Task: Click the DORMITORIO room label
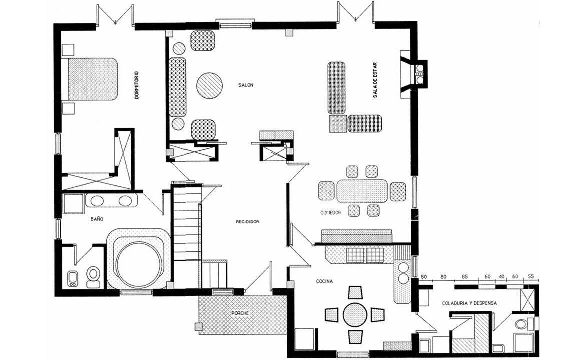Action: (x=137, y=85)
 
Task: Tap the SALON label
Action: (x=246, y=85)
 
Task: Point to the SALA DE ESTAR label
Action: (x=375, y=80)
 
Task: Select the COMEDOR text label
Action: (x=331, y=213)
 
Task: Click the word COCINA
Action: (x=324, y=281)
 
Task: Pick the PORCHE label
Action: (x=240, y=313)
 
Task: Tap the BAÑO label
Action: (x=97, y=219)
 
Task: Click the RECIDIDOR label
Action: (x=247, y=222)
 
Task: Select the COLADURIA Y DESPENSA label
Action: (x=469, y=303)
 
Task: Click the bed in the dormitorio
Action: (x=89, y=79)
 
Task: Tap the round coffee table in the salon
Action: (x=209, y=85)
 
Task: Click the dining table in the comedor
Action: (x=362, y=191)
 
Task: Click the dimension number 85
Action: (x=465, y=277)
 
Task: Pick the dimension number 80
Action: (x=443, y=277)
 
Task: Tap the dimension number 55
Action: (x=531, y=277)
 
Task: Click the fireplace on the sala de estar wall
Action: (x=414, y=74)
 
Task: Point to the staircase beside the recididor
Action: (x=187, y=235)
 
